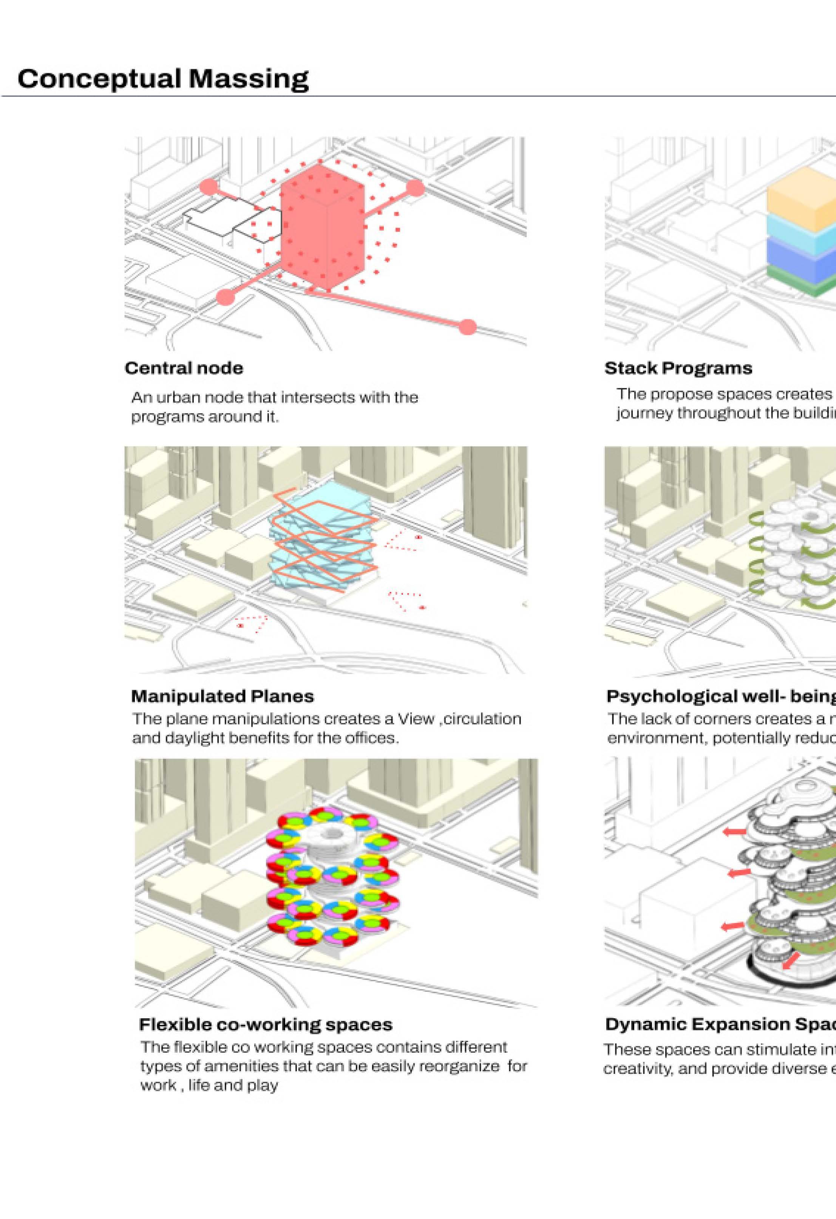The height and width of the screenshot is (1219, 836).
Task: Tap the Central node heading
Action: tap(184, 368)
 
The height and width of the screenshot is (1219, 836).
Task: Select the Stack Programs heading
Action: tap(678, 368)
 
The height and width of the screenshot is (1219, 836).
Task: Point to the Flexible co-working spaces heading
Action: tap(265, 1024)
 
